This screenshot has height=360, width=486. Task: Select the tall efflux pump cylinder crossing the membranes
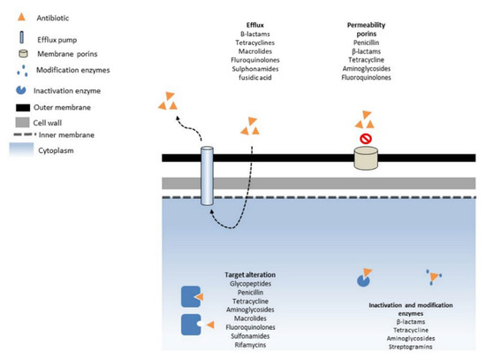pyautogui.click(x=208, y=177)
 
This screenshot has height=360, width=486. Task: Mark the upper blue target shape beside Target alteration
pyautogui.click(x=191, y=298)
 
